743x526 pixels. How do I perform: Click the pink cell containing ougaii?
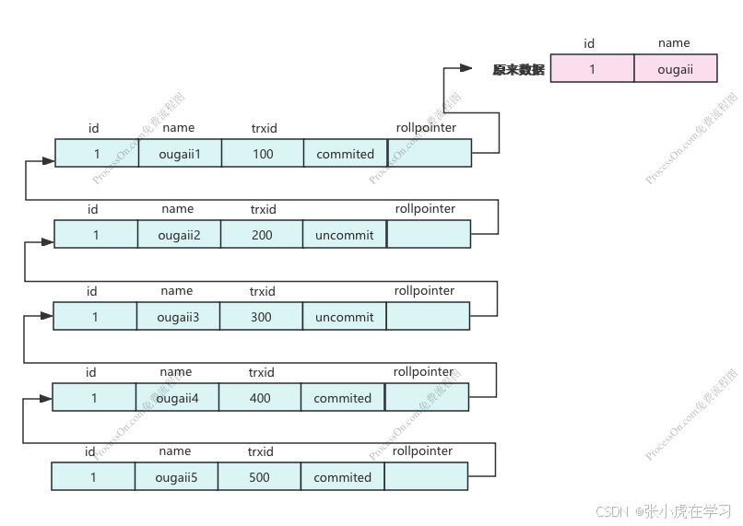tap(675, 69)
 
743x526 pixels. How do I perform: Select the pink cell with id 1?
tap(592, 69)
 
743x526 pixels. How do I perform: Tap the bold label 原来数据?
tap(518, 69)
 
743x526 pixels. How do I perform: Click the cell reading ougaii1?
tap(181, 154)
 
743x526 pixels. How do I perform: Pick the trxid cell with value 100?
tap(263, 154)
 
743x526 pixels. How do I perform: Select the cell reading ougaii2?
tap(180, 235)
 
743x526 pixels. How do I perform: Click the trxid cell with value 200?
tap(262, 235)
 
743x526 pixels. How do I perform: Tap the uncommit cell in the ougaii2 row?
tap(345, 235)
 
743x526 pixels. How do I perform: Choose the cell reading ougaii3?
tap(179, 317)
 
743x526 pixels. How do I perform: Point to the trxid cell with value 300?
tap(261, 317)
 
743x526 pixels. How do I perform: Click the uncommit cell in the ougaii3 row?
tap(344, 317)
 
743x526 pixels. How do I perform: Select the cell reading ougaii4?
tap(178, 398)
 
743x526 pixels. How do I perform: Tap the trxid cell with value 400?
tap(260, 398)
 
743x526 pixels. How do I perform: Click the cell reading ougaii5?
tap(175, 477)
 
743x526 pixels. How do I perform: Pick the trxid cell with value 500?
tap(260, 477)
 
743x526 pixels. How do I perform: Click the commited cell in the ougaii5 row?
tap(342, 477)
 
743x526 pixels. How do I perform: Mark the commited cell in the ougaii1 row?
tap(346, 154)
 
